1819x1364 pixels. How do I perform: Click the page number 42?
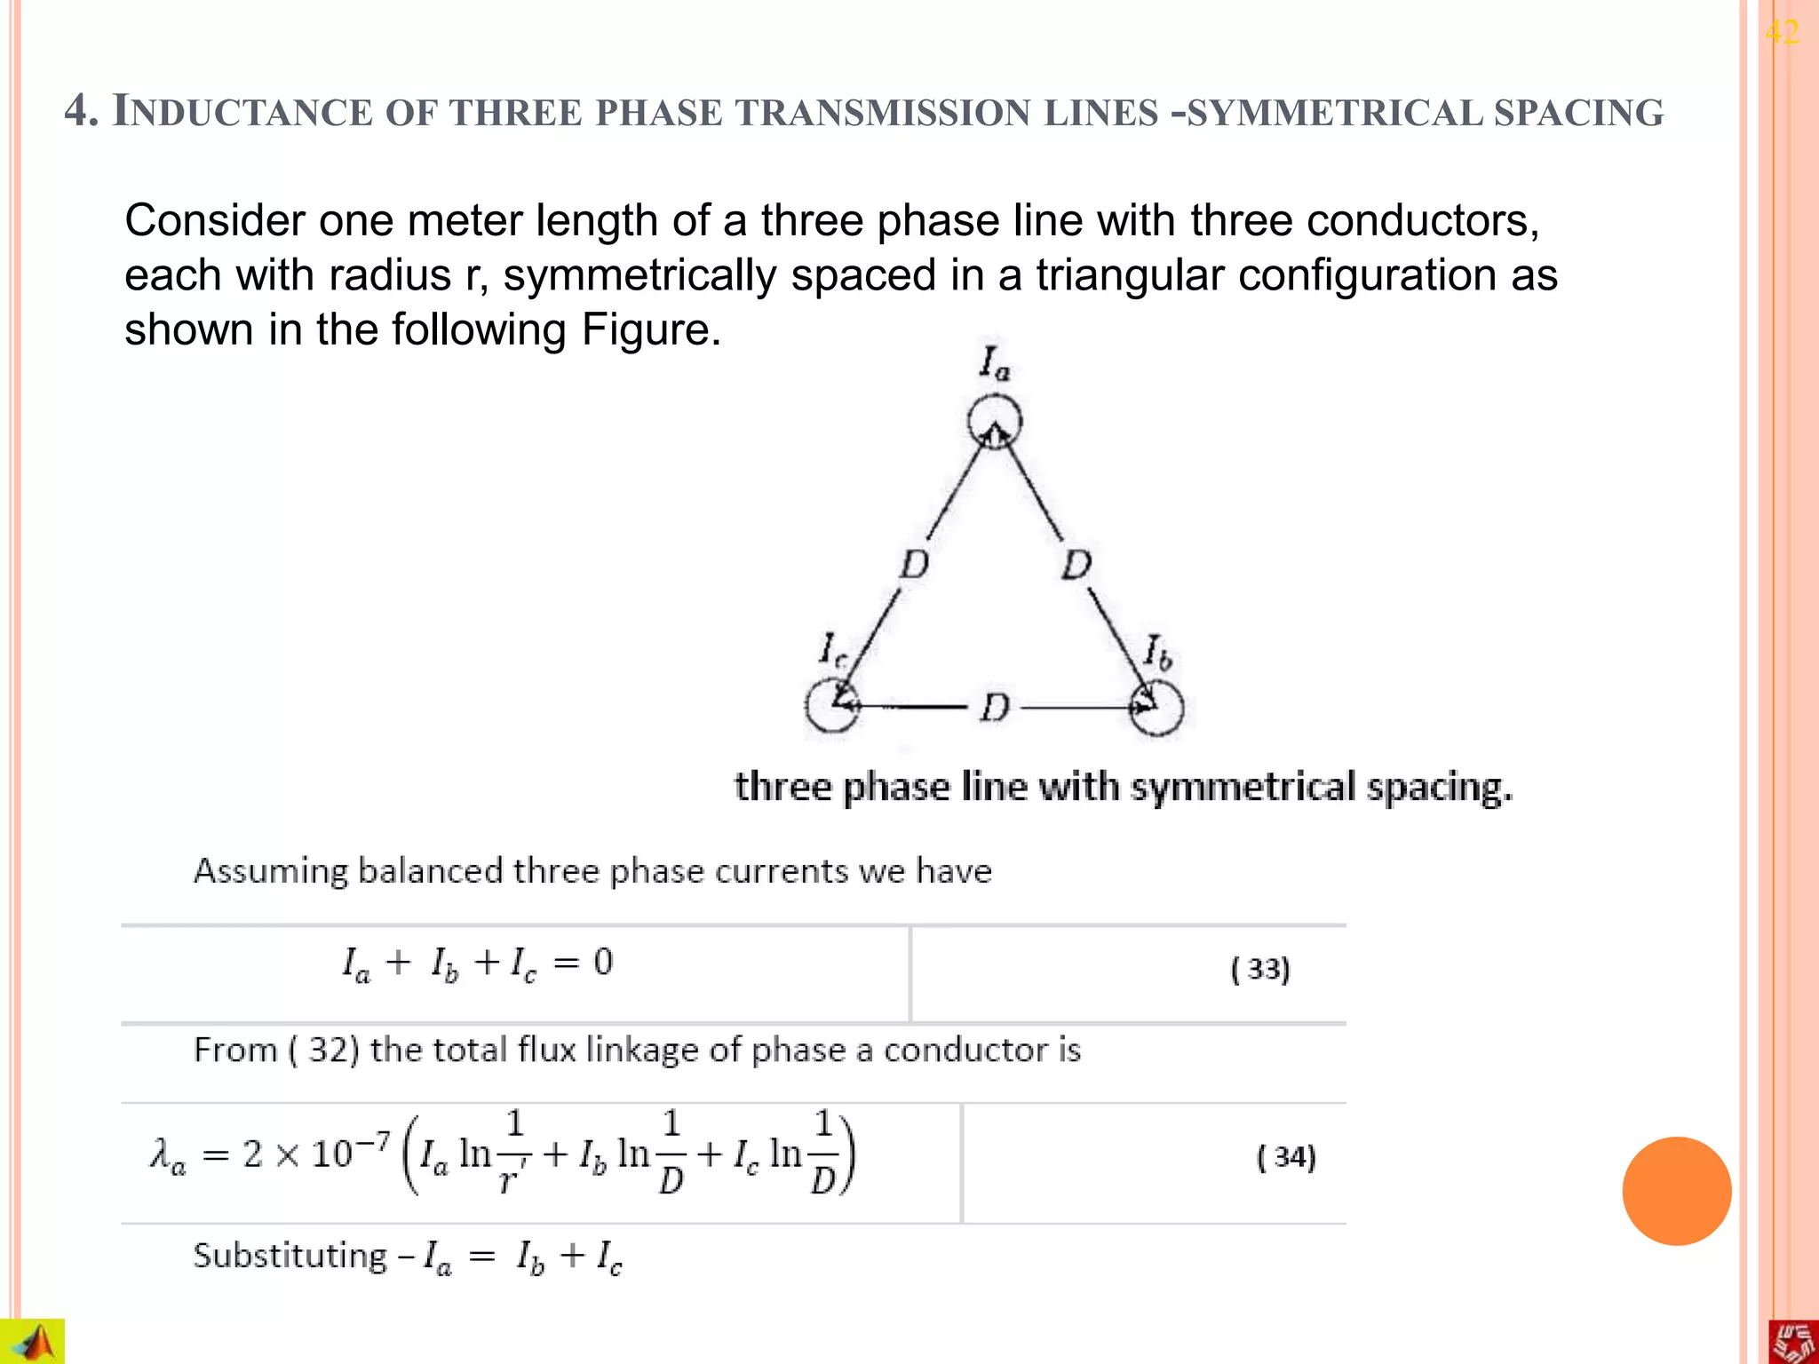(1782, 33)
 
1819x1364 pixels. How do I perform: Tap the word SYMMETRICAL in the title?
(1331, 113)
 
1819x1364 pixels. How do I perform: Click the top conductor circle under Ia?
(994, 422)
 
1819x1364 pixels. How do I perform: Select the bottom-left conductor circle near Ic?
(832, 706)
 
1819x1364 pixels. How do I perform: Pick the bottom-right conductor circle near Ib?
(1156, 708)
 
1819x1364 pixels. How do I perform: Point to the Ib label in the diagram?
(1157, 653)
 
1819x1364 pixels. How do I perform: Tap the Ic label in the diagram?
(832, 650)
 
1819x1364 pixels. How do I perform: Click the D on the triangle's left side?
(914, 565)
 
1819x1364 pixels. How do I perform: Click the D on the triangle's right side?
(1076, 565)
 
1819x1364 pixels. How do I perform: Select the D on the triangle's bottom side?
(995, 708)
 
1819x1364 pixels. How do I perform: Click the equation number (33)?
(1259, 969)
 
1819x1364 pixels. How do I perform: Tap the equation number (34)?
(1286, 1157)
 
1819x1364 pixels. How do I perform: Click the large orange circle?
(1676, 1191)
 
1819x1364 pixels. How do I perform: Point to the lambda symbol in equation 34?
(168, 1156)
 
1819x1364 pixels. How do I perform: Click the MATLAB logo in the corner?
(33, 1341)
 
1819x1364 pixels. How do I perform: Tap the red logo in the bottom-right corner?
(1793, 1341)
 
